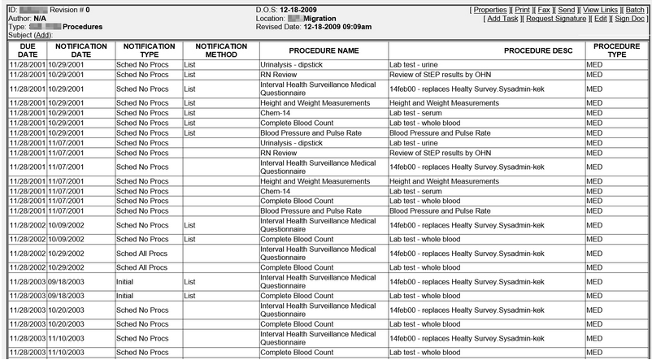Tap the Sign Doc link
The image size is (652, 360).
pos(629,17)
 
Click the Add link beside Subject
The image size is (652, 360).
pos(44,35)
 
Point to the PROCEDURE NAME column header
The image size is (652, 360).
pos(323,50)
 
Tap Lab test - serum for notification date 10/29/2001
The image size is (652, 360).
pos(419,112)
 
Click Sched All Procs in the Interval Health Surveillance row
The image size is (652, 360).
pos(142,254)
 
